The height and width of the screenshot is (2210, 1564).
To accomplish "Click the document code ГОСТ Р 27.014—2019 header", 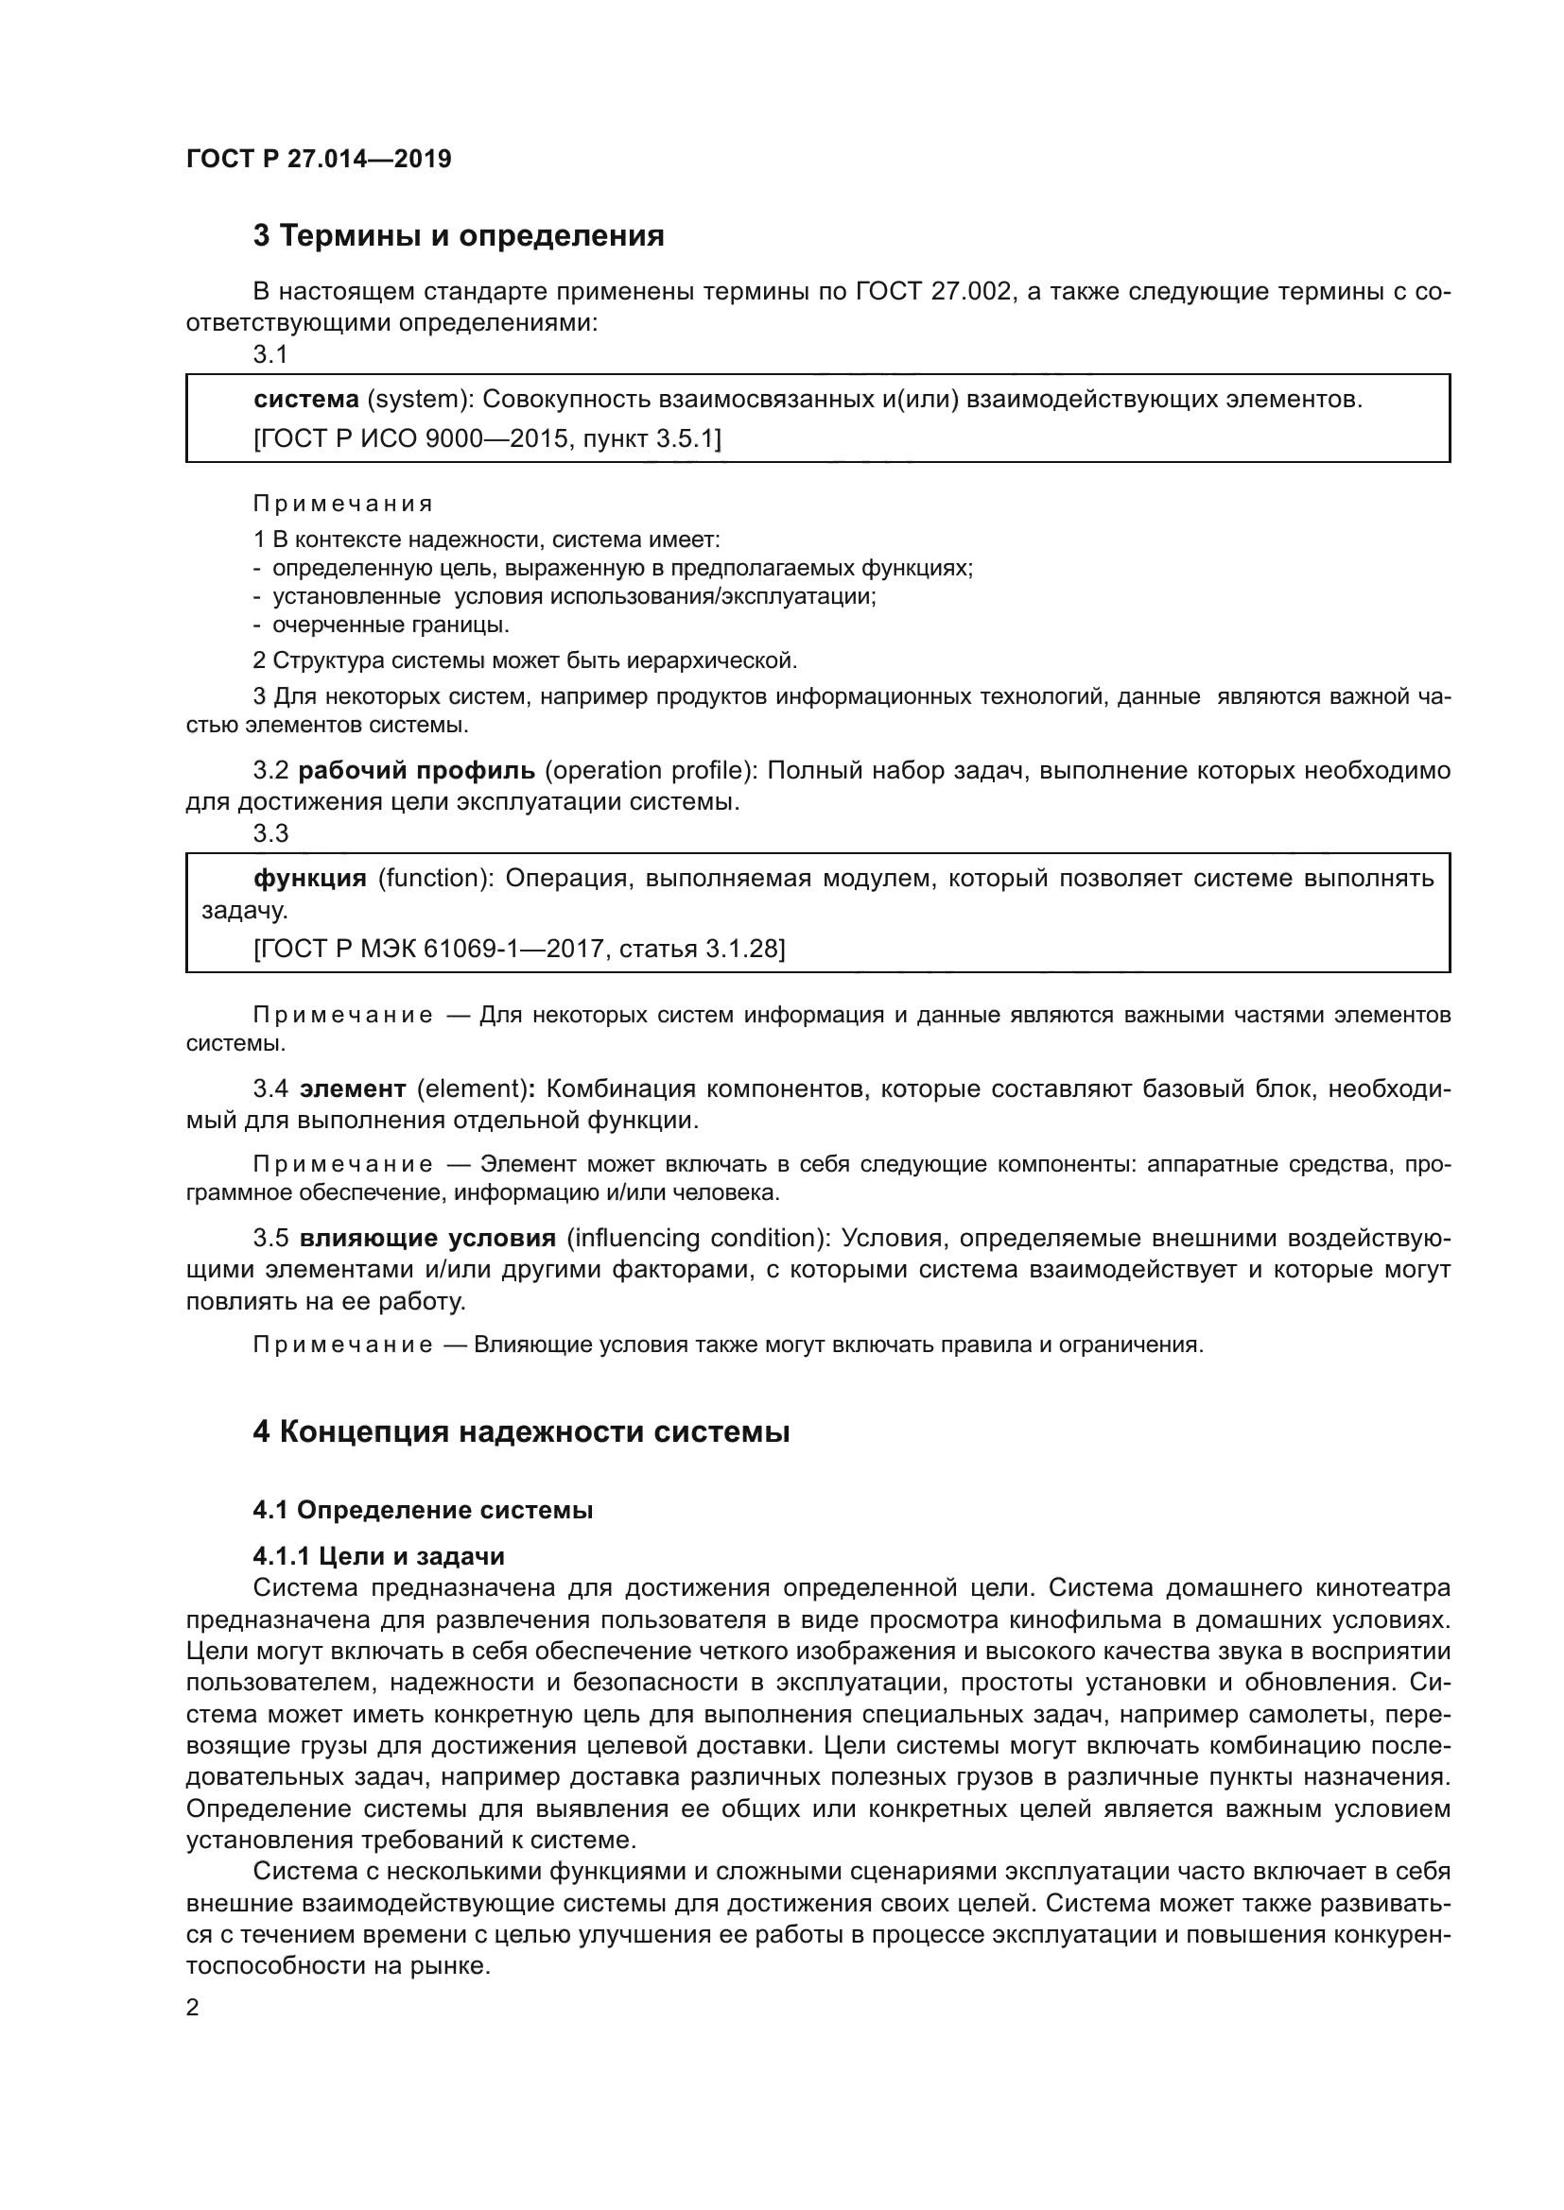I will pyautogui.click(x=319, y=159).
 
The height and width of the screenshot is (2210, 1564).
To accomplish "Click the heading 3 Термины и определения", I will pyautogui.click(x=459, y=236).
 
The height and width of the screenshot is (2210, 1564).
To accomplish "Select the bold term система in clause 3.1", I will pyautogui.click(x=305, y=399).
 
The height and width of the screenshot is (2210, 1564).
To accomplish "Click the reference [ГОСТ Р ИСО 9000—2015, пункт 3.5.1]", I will pyautogui.click(x=486, y=439).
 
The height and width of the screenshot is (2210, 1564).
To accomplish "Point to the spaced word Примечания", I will pyautogui.click(x=343, y=504).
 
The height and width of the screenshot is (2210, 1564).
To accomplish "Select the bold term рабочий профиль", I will pyautogui.click(x=416, y=770).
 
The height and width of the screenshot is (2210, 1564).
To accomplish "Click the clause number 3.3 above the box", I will pyautogui.click(x=270, y=833).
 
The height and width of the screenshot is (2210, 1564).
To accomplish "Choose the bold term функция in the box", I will pyautogui.click(x=309, y=878).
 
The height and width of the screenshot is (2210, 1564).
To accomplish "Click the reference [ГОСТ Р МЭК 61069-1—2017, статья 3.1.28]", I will pyautogui.click(x=519, y=949).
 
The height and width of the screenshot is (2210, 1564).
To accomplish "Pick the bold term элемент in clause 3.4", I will pyautogui.click(x=353, y=1088).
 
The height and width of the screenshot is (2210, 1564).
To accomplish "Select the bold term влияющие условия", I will pyautogui.click(x=427, y=1238).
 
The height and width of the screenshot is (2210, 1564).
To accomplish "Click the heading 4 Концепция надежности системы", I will pyautogui.click(x=521, y=1432).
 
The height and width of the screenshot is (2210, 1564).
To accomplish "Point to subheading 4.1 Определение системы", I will pyautogui.click(x=423, y=1510).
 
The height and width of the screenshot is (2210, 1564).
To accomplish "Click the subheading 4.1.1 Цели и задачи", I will pyautogui.click(x=378, y=1556).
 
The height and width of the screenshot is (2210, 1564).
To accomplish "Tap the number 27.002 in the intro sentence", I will pyautogui.click(x=972, y=292).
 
